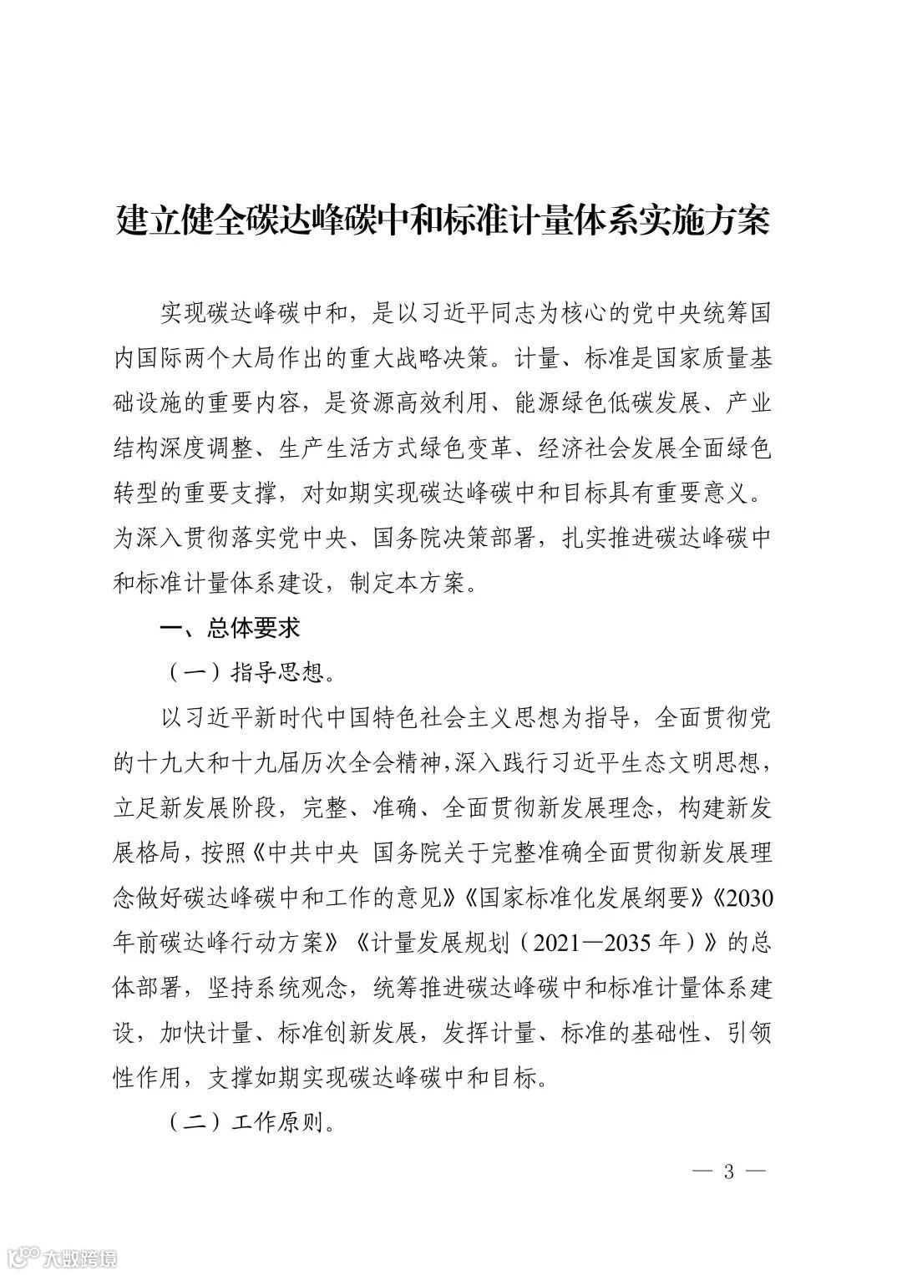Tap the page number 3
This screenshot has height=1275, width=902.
[728, 1171]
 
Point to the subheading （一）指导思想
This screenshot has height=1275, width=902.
[243, 672]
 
